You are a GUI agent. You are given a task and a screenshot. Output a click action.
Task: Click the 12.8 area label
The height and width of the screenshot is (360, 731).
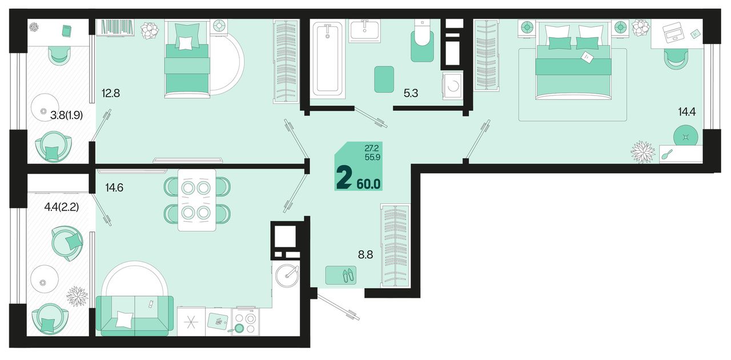(x=111, y=94)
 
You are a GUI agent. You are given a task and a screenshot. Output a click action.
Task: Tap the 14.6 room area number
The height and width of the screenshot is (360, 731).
(x=114, y=188)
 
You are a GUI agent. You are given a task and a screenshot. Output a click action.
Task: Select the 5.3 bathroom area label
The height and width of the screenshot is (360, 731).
(x=411, y=94)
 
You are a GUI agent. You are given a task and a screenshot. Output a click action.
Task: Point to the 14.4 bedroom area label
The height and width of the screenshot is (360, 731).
(x=686, y=112)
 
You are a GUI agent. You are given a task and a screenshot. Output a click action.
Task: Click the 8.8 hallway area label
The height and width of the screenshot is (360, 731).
(x=365, y=254)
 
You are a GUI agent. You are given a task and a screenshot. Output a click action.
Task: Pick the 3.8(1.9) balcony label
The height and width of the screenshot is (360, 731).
(x=66, y=115)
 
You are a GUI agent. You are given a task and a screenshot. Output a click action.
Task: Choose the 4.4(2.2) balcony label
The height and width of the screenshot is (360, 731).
(x=61, y=207)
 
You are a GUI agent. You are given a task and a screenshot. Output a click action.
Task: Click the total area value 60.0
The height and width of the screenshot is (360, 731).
(x=368, y=184)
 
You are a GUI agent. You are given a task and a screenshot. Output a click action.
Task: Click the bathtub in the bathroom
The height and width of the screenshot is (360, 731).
(x=327, y=58)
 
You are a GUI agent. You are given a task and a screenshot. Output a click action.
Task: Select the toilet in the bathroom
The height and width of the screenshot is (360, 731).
(x=422, y=41)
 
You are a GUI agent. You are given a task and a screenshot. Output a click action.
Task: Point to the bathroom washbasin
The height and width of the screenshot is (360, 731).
(x=364, y=31)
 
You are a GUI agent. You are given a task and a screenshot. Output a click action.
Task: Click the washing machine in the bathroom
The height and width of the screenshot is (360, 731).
(x=453, y=86)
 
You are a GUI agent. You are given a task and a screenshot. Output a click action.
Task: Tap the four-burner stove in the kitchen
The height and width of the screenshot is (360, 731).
(x=246, y=322)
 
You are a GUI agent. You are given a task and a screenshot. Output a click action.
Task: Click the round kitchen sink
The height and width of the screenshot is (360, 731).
(x=287, y=276)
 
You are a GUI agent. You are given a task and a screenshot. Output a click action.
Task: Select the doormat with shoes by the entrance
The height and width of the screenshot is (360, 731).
(x=341, y=275)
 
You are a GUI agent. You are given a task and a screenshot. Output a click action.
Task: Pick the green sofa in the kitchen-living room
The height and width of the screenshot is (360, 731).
(x=135, y=315)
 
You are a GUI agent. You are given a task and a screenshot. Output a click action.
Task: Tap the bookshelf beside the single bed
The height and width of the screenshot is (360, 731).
(x=115, y=27)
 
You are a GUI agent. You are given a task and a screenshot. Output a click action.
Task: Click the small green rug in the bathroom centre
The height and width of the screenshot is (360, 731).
(x=384, y=79)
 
